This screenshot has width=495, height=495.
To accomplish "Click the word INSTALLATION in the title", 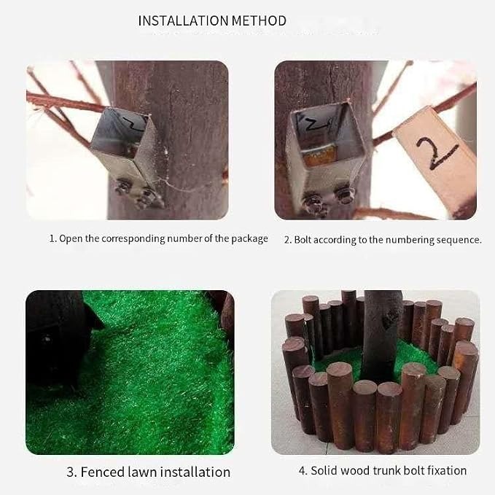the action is [x=184, y=21].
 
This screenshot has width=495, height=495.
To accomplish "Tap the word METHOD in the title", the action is [x=259, y=21].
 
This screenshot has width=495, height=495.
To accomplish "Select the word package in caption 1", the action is [x=249, y=238].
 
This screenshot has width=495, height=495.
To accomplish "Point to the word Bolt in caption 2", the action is [x=303, y=240].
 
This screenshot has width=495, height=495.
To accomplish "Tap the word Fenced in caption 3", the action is [x=102, y=472].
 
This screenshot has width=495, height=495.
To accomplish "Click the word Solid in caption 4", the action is [x=324, y=471].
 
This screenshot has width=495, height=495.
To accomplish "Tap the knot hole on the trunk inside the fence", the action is [x=390, y=319].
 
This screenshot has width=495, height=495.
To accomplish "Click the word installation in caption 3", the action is [x=195, y=472].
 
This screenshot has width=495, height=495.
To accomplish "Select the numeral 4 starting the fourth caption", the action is [x=302, y=471].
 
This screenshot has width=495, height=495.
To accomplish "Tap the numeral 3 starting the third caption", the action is [x=71, y=472].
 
